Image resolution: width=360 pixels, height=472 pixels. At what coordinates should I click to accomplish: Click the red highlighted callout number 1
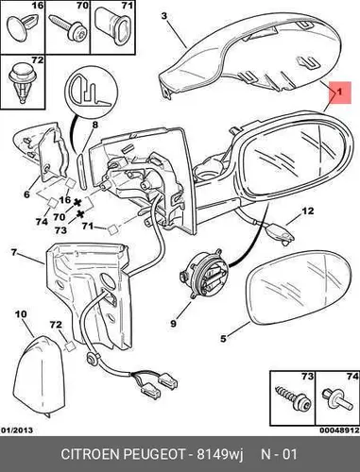point(339,93)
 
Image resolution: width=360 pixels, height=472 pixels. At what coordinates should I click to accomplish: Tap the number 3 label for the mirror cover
point(164,16)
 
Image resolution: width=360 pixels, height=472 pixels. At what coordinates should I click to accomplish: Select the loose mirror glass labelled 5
point(299,287)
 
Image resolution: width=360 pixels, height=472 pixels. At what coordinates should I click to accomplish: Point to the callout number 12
point(308,211)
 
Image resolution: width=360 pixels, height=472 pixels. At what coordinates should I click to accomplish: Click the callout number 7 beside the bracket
point(13,252)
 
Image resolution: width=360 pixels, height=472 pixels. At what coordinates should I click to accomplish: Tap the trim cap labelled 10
point(40,376)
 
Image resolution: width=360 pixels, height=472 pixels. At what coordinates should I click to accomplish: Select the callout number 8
point(94,125)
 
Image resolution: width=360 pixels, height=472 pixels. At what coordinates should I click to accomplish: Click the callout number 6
point(26,194)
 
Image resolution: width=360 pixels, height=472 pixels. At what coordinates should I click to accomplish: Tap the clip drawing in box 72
point(22,82)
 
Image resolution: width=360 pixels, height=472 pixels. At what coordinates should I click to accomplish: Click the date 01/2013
point(17,430)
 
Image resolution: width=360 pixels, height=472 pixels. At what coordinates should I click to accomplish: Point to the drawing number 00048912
point(339,430)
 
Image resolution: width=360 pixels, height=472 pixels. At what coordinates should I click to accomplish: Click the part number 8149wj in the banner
point(220,454)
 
